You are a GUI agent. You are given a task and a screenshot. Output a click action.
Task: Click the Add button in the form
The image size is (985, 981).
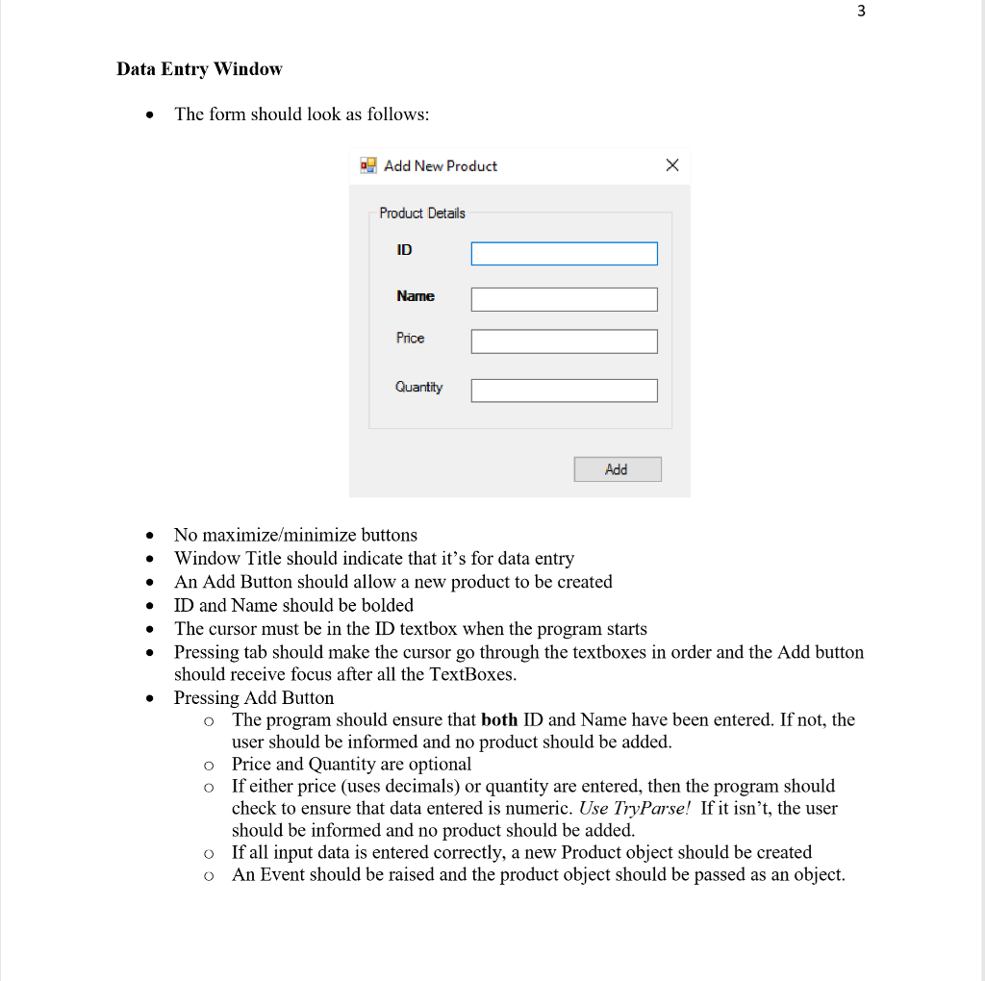[618, 469]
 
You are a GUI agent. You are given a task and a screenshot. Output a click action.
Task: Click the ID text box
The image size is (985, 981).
[564, 254]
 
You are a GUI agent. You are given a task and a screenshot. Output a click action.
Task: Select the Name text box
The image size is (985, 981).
[564, 300]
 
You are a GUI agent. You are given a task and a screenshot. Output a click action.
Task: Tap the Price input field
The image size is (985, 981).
[564, 341]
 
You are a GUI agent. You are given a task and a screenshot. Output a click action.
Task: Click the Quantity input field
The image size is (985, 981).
[564, 390]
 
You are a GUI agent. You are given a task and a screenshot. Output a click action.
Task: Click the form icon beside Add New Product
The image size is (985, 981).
[368, 165]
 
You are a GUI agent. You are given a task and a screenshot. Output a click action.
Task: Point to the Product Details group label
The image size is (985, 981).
[421, 214]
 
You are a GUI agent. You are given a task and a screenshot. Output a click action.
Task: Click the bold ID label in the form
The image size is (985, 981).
[404, 250]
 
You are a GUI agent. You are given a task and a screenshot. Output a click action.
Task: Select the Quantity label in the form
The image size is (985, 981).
[418, 387]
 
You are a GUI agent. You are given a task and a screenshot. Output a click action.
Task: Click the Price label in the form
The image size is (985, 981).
[410, 339]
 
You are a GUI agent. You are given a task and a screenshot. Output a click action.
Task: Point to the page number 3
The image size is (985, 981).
[861, 12]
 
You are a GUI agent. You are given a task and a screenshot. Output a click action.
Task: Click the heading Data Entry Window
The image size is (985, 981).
[199, 69]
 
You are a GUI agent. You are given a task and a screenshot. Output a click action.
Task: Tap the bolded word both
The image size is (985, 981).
[499, 719]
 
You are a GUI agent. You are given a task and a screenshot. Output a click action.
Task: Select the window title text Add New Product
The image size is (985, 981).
[441, 166]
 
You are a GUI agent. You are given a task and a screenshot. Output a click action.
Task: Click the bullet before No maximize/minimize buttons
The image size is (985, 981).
[148, 536]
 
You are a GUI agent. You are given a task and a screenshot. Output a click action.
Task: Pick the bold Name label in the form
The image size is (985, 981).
[416, 296]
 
